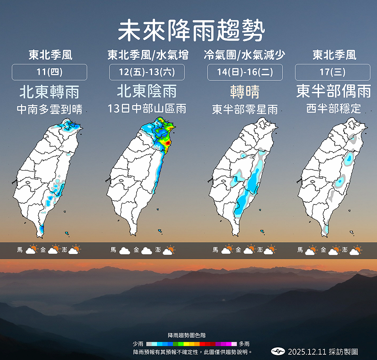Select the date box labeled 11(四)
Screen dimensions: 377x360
click(49, 72)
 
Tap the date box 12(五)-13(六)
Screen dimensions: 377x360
click(147, 72)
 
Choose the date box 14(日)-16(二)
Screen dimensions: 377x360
click(245, 72)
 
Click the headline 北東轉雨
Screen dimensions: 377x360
click(49, 91)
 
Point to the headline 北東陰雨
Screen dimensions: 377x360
click(147, 91)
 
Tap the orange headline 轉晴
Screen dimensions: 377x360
click(245, 91)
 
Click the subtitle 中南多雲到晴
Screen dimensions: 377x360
click(49, 109)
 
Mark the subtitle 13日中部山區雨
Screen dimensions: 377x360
click(147, 109)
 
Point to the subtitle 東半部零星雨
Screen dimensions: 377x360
click(245, 109)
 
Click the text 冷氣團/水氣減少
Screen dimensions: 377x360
click(245, 55)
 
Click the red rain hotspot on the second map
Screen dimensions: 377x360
click(166, 141)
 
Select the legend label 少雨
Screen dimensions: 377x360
click(139, 344)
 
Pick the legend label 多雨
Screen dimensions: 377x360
click(244, 344)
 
